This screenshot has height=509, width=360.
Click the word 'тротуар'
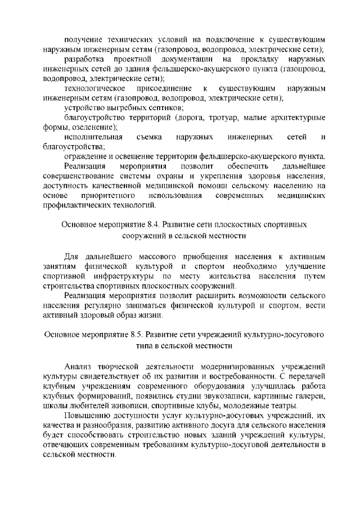click(x=214, y=117)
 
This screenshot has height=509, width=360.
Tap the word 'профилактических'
click(x=76, y=205)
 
